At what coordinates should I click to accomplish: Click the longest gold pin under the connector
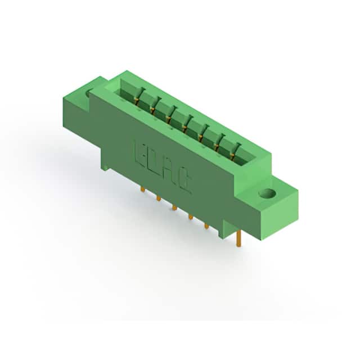pyautogui.click(x=238, y=238)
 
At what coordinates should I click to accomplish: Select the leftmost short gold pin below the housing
pyautogui.click(x=142, y=190)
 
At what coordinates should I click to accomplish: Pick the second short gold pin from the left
pyautogui.click(x=159, y=199)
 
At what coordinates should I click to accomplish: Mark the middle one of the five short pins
pyautogui.click(x=174, y=208)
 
